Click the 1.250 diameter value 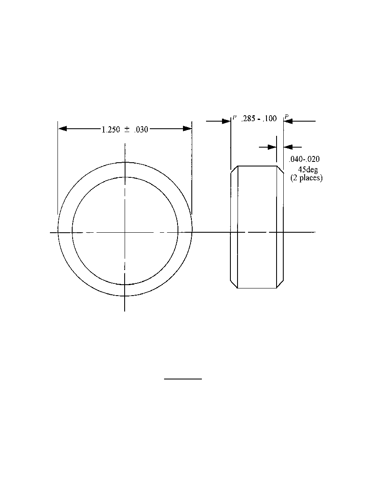point(111,130)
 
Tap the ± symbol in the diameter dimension point(127,130)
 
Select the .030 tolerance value point(141,130)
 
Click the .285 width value point(248,119)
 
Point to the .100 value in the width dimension point(270,119)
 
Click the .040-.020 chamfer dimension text point(304,159)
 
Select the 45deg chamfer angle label point(308,170)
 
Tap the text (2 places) point(306,178)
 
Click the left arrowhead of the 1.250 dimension point(63,129)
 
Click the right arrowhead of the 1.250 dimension point(188,128)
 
